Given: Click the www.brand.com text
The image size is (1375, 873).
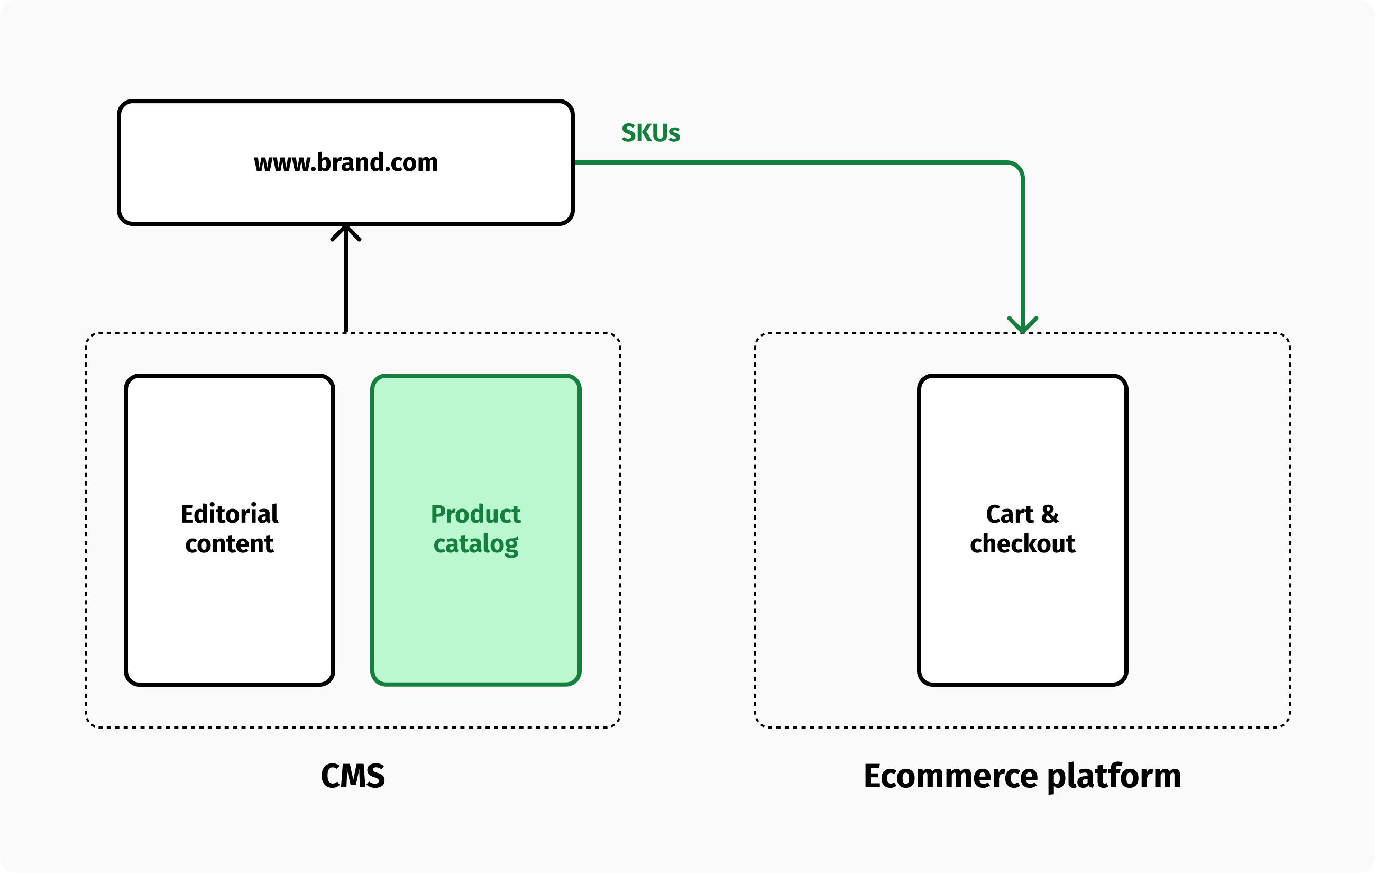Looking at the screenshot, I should click(x=345, y=163).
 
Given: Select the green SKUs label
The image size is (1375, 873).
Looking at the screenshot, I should click(x=650, y=133).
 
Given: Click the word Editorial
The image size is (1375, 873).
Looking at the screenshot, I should click(x=230, y=514).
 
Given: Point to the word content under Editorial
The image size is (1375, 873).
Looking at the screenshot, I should click(x=230, y=544).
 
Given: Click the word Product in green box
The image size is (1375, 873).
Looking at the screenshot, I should click(x=475, y=514).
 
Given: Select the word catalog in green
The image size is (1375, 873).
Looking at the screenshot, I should click(x=475, y=544).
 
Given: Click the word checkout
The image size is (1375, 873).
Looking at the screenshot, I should click(x=1022, y=544).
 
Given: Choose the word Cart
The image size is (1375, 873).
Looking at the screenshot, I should click(x=1010, y=514).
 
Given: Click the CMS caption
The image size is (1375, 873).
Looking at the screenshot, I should click(x=352, y=776).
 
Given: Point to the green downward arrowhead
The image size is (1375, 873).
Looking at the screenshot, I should click(x=1022, y=325).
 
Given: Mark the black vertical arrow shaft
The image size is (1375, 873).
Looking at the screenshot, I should click(x=345, y=286).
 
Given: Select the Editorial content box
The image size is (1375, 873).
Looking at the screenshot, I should click(x=230, y=617).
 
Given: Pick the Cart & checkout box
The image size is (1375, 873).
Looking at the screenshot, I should click(x=1022, y=617).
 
